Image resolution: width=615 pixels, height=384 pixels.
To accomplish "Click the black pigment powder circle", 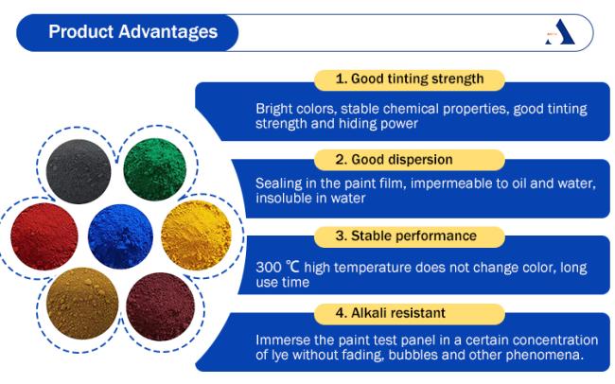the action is point(79,171).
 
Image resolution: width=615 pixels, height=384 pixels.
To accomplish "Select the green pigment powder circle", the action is point(154,169).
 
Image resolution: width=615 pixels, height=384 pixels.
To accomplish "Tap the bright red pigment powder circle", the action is point(44,236).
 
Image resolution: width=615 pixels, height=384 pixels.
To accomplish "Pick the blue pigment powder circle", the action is point(120,236).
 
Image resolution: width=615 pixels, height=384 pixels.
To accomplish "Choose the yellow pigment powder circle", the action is point(196,236).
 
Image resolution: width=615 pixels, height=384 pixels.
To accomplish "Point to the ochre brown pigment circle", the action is point(82,304).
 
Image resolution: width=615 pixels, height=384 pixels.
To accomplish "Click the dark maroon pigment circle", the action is point(160,306).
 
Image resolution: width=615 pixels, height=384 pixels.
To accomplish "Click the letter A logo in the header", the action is point(560,32).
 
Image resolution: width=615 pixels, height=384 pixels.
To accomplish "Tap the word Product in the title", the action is point(80,32).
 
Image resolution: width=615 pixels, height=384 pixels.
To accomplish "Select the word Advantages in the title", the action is point(168,32).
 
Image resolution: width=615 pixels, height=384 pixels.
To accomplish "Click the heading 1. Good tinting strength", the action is point(410,79).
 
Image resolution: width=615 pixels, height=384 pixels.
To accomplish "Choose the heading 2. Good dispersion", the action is point(394,160).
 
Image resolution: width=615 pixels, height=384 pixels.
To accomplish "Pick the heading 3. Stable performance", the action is point(406,236).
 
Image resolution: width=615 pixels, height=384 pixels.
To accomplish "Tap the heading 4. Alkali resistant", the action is point(390,313).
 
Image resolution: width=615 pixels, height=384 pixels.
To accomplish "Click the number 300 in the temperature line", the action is point(269,268).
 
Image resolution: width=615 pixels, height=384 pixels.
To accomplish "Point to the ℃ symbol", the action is point(292,267).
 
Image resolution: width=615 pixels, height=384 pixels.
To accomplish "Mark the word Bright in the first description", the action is point(273,109).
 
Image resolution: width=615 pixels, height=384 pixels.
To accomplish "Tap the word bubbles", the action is point(412,355).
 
